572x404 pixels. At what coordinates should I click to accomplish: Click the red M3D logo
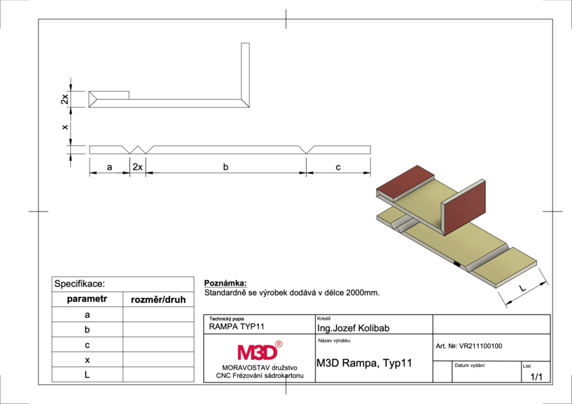point(260,351)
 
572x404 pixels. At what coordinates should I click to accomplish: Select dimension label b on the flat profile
point(226,167)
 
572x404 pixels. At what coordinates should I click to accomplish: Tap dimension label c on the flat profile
point(338,167)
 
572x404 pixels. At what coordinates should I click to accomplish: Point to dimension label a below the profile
point(109,168)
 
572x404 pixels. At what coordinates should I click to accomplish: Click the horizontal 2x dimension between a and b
point(137,167)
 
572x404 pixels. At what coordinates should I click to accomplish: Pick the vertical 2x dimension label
point(65,99)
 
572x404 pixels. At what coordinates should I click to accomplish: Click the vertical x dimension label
point(65,127)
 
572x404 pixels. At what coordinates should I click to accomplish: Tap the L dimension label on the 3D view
point(522,288)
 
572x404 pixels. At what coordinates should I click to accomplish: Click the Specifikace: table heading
point(80,283)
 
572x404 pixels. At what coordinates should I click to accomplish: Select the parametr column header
point(87,299)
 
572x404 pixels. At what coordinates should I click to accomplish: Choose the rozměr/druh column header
point(158,300)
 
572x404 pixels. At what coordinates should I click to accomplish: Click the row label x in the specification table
point(87,360)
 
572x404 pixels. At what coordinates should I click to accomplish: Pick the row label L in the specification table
point(87,374)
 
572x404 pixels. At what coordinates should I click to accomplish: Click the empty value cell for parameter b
point(158,330)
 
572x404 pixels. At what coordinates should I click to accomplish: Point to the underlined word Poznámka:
point(226,283)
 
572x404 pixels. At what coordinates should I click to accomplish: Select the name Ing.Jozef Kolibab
point(353,328)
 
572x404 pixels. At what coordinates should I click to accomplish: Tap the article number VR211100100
point(480,346)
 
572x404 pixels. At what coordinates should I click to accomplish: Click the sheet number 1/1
point(536,377)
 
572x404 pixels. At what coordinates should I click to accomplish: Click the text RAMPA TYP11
point(236,327)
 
